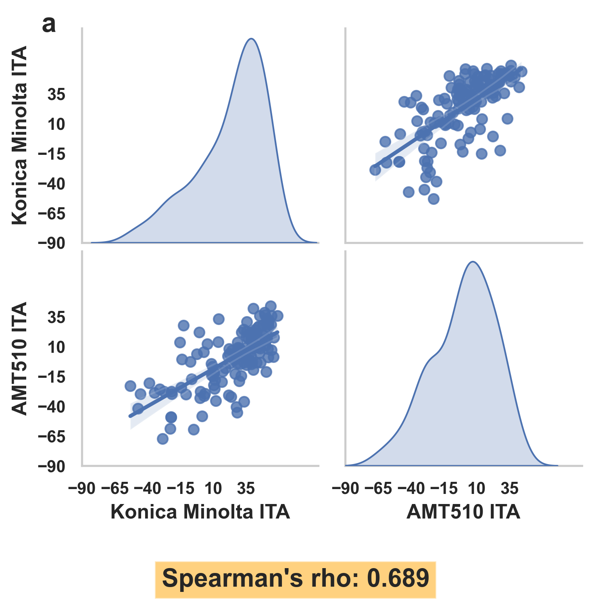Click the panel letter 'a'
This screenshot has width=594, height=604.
[x=49, y=25]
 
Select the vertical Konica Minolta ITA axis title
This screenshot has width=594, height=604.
[x=19, y=135]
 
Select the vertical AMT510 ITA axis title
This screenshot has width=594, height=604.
[x=19, y=358]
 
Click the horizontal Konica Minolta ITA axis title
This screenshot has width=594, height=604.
[x=200, y=512]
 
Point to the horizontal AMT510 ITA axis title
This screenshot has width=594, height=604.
[x=463, y=512]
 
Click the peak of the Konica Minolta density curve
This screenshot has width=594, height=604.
[x=251, y=39]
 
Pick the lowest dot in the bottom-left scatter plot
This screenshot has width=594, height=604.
[x=163, y=439]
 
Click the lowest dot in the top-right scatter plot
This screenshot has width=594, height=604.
[x=434, y=199]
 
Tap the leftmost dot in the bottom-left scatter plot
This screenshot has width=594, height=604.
[x=130, y=386]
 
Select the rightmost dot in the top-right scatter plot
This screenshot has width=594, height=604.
[x=522, y=72]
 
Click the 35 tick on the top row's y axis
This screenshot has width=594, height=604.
[x=56, y=95]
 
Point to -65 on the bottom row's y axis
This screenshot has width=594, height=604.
[x=51, y=437]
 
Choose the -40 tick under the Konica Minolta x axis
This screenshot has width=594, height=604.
[x=148, y=489]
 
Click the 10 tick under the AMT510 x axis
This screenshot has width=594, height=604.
[x=476, y=489]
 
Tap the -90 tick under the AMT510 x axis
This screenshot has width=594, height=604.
[x=345, y=489]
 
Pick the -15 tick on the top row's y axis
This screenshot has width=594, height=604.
[x=51, y=154]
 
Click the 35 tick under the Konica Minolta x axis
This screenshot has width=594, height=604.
[x=246, y=489]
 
